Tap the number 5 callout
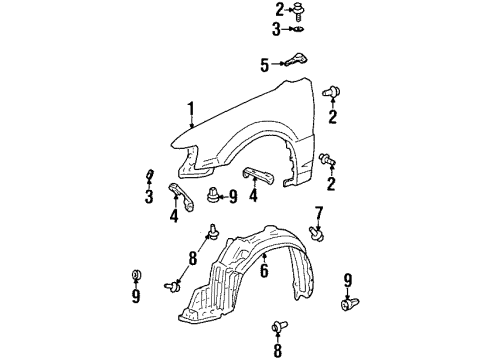[x=265, y=66]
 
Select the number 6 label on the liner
[x=264, y=271]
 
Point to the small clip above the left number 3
[x=150, y=178]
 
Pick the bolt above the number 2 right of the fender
[x=333, y=93]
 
